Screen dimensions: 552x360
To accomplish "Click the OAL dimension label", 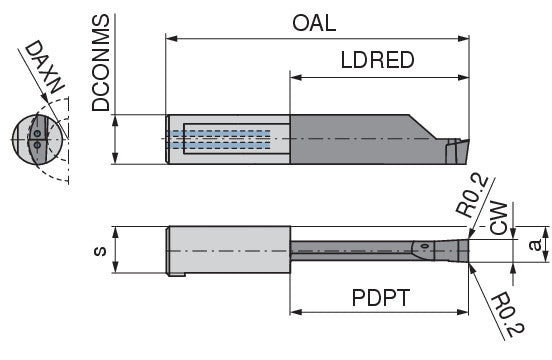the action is point(314,23).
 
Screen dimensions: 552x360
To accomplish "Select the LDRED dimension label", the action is point(377,60).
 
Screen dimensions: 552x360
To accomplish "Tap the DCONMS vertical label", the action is point(101,63).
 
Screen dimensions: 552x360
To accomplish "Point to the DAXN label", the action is point(45,67).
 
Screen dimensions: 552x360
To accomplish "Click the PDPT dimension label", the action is point(381,298).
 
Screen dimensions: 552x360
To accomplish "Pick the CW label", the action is point(499,218).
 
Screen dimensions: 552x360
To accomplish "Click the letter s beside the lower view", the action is point(100,251).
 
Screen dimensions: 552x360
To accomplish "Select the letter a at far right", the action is point(535,245).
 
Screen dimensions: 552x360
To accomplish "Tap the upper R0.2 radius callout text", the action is point(472,196).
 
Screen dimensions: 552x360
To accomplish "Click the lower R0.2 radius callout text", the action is point(507,314).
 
